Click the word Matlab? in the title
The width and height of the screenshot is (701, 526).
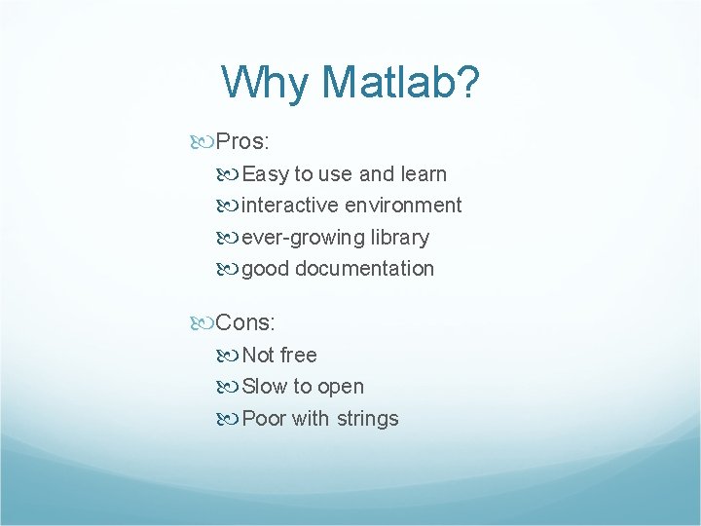(401, 83)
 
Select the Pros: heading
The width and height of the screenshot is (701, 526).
(242, 142)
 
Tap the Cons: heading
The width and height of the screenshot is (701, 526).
(246, 322)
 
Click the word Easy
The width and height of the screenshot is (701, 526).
(265, 174)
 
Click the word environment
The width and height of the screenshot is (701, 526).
(403, 206)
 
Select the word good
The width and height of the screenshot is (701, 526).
(265, 269)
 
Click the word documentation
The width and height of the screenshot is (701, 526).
(365, 269)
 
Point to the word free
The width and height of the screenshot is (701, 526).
(298, 356)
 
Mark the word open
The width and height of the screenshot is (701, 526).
(341, 388)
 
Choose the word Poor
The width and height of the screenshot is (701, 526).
(264, 419)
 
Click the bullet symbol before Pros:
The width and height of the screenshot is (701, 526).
(203, 142)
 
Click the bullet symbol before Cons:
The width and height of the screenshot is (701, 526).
(203, 322)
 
